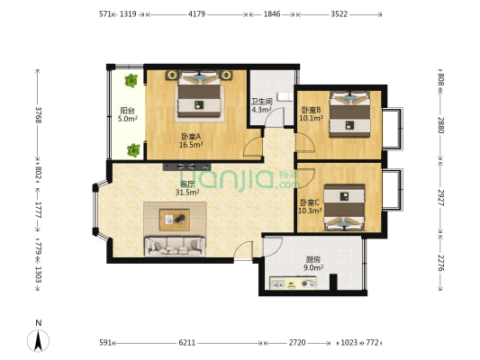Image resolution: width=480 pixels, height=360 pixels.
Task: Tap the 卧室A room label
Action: point(191,137)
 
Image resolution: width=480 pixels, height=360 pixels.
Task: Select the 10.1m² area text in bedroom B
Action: point(311,118)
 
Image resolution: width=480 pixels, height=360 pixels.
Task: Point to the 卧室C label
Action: point(310,202)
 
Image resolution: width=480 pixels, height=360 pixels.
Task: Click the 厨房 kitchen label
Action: point(313,260)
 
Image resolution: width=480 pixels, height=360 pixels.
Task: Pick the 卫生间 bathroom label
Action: point(262,101)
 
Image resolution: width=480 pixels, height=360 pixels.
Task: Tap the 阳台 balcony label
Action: point(128,110)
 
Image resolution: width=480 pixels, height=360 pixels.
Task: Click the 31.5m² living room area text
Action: point(187,193)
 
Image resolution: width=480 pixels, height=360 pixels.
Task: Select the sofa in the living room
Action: point(175,247)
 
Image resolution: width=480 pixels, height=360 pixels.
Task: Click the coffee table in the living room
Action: point(175,220)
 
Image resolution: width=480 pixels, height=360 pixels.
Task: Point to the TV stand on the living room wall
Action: point(186,166)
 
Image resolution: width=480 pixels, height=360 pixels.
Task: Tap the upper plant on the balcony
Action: point(131,80)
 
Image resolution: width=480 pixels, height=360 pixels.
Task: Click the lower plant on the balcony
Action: point(133,150)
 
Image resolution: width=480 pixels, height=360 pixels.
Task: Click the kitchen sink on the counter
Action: point(278,283)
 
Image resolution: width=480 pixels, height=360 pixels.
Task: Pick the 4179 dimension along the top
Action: point(197,14)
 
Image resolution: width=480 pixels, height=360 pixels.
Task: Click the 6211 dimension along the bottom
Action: point(187,343)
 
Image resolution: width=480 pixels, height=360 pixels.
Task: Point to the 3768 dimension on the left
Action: point(38,114)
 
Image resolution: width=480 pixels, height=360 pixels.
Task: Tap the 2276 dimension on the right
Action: point(440,263)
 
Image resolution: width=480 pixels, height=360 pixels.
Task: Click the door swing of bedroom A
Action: point(251,148)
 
